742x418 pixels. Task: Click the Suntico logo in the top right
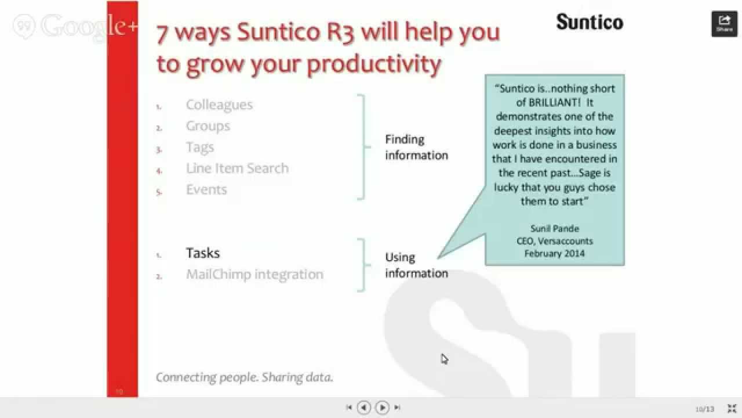click(x=590, y=22)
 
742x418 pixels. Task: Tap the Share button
click(x=724, y=24)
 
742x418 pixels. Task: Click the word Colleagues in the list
click(x=219, y=105)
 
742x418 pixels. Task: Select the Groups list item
click(x=208, y=126)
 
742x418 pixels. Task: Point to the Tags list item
click(x=200, y=147)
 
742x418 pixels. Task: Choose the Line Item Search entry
click(x=237, y=168)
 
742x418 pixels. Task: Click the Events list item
click(x=206, y=190)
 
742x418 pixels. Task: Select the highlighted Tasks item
click(x=203, y=253)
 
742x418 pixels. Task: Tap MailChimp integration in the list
click(x=254, y=274)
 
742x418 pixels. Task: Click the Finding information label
click(x=416, y=147)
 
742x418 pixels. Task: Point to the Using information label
click(x=416, y=265)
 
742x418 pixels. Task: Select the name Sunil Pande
click(x=555, y=228)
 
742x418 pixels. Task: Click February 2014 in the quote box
click(x=555, y=254)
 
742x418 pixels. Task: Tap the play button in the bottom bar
click(x=382, y=408)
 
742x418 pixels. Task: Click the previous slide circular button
click(x=363, y=408)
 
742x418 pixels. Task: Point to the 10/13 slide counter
click(x=705, y=409)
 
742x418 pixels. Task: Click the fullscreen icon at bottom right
click(x=732, y=409)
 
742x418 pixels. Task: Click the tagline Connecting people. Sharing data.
click(x=245, y=377)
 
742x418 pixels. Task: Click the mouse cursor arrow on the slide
click(x=443, y=358)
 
